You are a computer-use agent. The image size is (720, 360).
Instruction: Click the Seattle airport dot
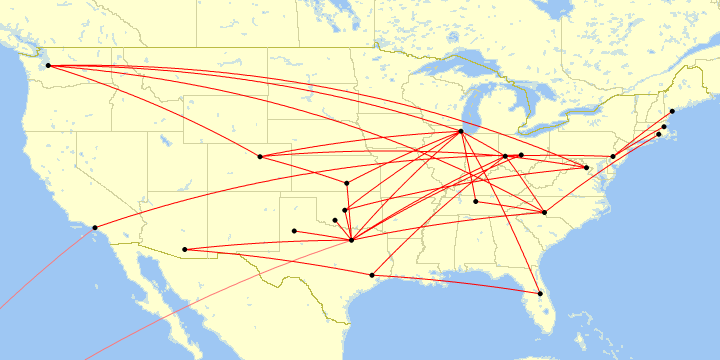click(48, 66)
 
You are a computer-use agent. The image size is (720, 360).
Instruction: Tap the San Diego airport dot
click(95, 227)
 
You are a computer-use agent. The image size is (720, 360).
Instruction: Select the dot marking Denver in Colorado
click(260, 156)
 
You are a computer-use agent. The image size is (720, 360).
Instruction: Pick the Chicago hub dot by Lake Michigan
click(460, 132)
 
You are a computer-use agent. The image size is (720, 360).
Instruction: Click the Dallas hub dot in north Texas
click(352, 240)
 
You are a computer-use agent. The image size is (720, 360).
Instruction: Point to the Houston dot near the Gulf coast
click(372, 275)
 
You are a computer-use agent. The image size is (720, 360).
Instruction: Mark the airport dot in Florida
click(540, 293)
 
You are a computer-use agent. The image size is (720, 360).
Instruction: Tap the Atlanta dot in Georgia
click(544, 212)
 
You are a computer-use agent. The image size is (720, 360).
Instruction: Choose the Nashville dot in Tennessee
click(475, 202)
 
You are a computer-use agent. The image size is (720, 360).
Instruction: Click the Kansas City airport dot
click(347, 183)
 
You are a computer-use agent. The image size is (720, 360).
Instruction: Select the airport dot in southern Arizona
click(185, 249)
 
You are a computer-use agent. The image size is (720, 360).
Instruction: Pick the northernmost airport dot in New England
click(672, 111)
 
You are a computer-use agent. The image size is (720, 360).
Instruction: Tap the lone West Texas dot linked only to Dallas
click(294, 231)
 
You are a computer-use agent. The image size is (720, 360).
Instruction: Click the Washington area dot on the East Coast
click(613, 157)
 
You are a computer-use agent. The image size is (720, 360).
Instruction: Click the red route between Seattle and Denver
click(150, 109)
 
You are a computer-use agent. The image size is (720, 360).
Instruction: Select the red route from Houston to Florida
click(455, 284)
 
